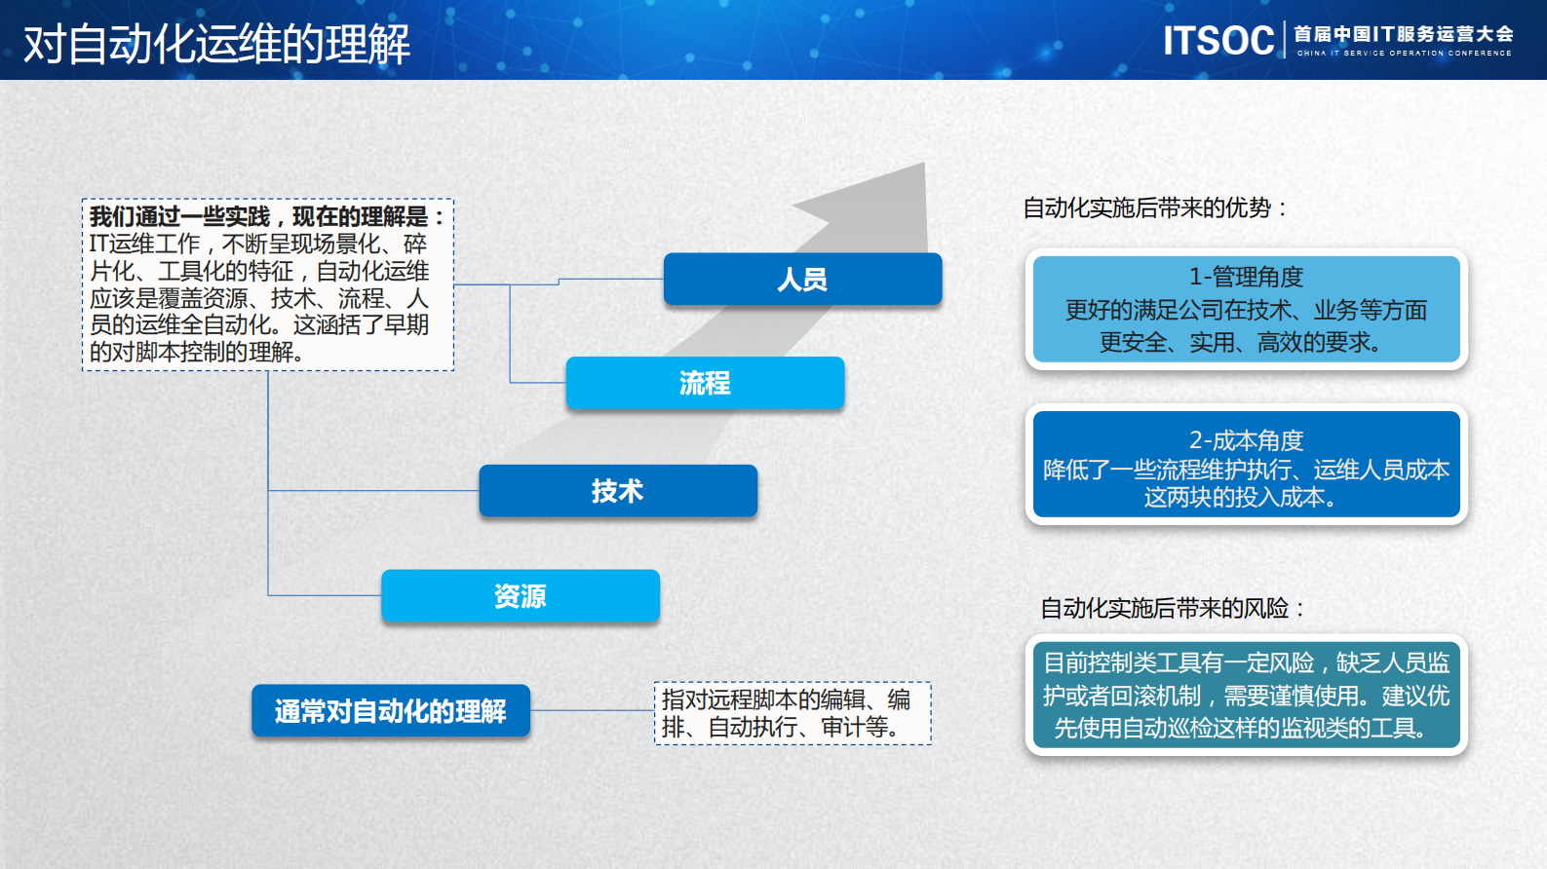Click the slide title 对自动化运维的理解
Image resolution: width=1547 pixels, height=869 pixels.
point(216,44)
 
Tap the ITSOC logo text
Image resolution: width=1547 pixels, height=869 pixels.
point(1218,41)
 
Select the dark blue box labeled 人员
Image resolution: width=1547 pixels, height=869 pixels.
point(802,280)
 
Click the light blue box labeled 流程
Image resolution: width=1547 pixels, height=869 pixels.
point(705,383)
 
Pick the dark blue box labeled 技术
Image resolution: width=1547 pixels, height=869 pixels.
point(617,491)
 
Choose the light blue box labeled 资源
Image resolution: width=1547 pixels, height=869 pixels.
point(520,596)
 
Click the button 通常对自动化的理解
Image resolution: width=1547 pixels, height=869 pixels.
point(390,711)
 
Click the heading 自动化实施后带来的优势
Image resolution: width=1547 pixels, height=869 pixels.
point(1156,208)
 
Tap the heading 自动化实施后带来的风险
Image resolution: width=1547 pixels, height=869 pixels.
point(1174,608)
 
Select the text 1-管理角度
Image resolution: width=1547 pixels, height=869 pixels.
point(1246,277)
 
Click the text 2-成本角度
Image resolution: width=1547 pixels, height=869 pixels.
point(1246,440)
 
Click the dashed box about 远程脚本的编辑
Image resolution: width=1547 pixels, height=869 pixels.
point(793,713)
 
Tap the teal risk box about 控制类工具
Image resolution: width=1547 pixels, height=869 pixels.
point(1246,696)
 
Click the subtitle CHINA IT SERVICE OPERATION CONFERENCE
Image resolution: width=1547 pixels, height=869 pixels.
point(1404,54)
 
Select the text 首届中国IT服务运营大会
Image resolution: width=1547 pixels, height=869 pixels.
point(1404,34)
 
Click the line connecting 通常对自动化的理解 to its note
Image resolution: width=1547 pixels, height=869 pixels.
point(592,710)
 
